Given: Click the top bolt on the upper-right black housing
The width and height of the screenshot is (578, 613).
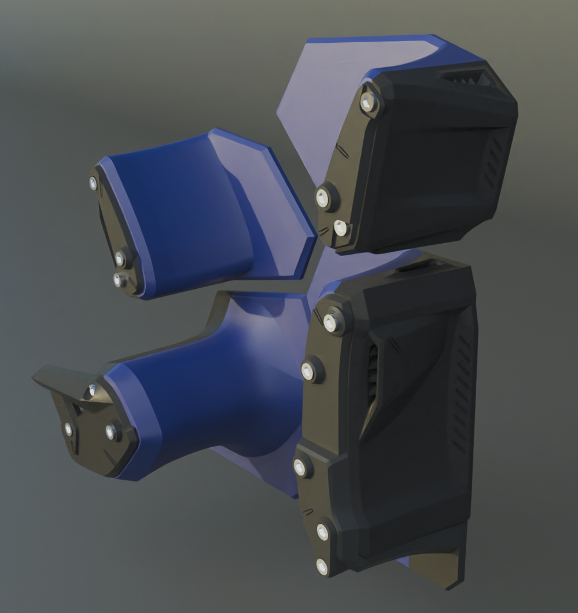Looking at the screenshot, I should click(x=367, y=103).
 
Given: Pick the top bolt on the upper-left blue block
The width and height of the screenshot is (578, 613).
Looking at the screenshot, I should click(x=93, y=183).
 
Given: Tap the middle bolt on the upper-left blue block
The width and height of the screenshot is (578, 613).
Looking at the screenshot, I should click(x=120, y=258).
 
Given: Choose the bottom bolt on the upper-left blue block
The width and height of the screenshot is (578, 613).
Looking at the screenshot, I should click(x=118, y=280).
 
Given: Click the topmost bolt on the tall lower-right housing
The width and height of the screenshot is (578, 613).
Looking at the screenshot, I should click(x=331, y=322).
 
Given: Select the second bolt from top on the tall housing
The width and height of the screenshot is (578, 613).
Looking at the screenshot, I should click(x=308, y=371).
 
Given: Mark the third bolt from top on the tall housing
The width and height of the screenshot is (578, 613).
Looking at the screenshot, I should click(x=300, y=467).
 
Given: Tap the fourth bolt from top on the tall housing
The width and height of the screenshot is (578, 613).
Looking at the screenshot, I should click(x=323, y=531).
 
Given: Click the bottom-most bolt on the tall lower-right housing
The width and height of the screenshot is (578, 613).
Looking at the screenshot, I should click(x=322, y=566).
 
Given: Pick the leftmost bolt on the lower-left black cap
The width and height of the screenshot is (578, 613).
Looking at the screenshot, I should click(x=68, y=429).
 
